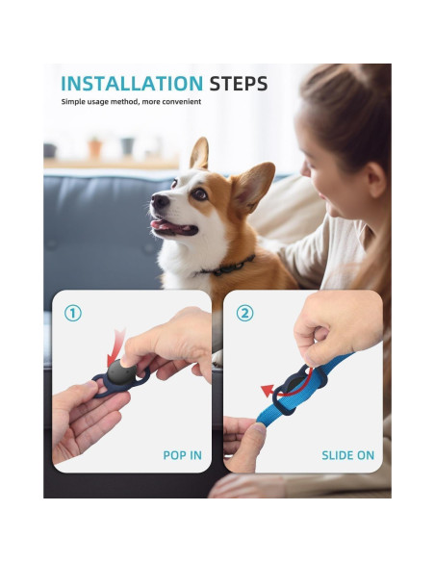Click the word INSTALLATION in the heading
[132, 83]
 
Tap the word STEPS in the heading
[239, 84]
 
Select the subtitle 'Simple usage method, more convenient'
[131, 102]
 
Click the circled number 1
[73, 314]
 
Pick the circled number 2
[244, 314]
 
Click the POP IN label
[183, 455]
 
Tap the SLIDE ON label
[348, 455]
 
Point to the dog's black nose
[159, 201]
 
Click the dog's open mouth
[174, 227]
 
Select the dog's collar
[229, 267]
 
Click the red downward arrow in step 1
[116, 347]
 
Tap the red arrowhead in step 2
[268, 391]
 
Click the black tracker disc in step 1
[122, 371]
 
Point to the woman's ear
[376, 179]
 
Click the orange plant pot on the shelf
[95, 148]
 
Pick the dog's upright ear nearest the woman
[252, 185]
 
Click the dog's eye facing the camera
[199, 193]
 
